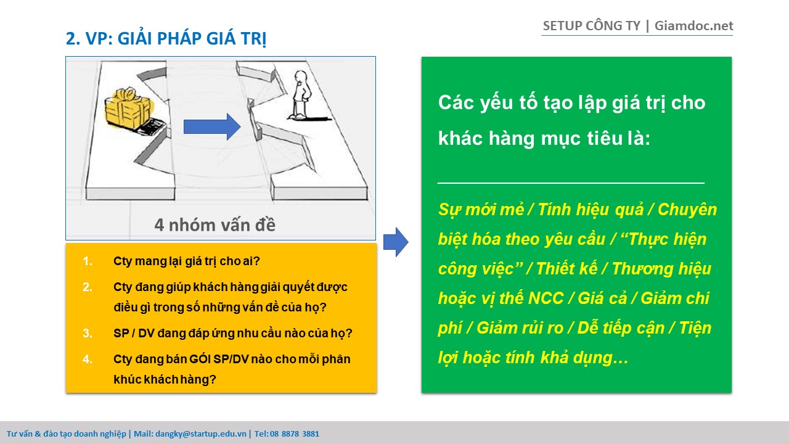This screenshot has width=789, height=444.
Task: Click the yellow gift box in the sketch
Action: click(x=128, y=109)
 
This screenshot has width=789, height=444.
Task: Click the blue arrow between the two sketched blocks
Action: click(x=212, y=127)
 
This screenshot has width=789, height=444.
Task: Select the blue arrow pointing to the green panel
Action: click(x=396, y=242)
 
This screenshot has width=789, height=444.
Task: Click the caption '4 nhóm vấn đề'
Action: click(x=215, y=225)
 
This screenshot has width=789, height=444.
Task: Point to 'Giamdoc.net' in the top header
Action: click(x=694, y=26)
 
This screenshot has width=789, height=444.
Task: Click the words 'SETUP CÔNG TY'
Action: click(x=591, y=26)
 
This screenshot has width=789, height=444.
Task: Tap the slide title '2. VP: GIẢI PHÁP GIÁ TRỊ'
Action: click(x=166, y=38)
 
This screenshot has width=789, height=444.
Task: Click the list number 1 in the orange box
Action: click(x=88, y=261)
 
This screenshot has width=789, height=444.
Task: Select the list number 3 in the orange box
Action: click(x=88, y=333)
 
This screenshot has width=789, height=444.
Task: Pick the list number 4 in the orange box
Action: click(x=88, y=359)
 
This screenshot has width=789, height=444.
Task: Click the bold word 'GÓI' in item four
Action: click(x=200, y=359)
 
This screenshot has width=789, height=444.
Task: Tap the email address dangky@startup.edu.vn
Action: click(x=201, y=434)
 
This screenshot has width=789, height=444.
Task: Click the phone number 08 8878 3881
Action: click(x=295, y=434)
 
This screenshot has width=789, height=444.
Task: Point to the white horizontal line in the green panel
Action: click(x=571, y=183)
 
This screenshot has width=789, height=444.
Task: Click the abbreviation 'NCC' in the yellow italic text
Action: click(x=546, y=298)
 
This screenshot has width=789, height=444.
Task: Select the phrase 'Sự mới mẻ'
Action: click(x=481, y=210)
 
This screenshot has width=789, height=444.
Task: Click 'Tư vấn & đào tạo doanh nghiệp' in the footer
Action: click(x=66, y=434)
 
